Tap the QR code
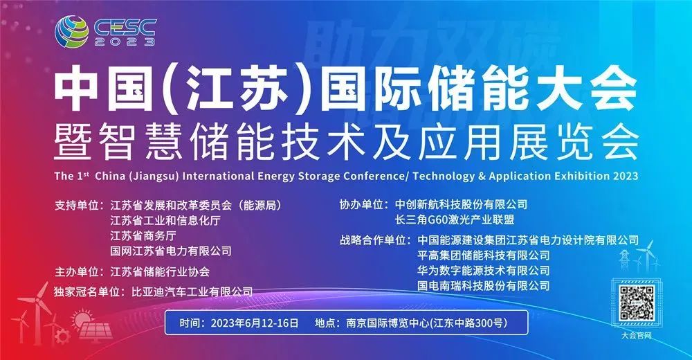(637, 303)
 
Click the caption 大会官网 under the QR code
(637, 335)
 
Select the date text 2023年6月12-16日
(255, 323)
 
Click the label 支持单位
(75, 206)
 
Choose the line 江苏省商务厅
(143, 235)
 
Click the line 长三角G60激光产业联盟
(455, 219)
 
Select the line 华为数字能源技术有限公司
(484, 270)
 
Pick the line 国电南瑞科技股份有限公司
(484, 286)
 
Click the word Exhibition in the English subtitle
(574, 175)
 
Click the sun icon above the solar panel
(81, 319)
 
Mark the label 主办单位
(75, 271)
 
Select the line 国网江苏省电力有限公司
(171, 251)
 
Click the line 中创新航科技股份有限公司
(461, 204)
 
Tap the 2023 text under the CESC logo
(125, 42)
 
